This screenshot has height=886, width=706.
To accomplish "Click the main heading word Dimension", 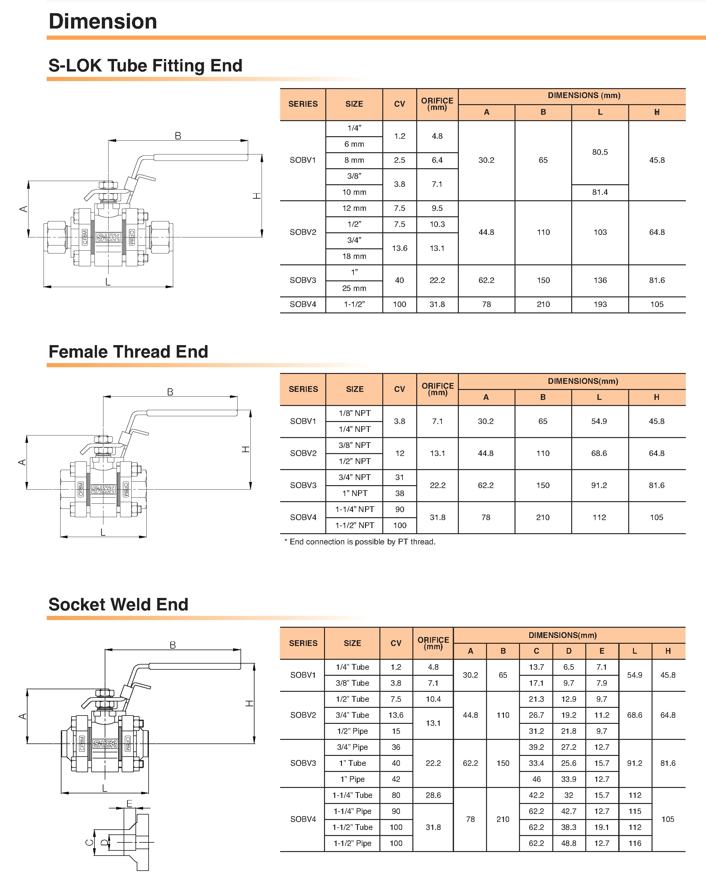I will point(103,21).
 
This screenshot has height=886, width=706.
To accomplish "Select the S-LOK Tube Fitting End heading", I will point(145,66).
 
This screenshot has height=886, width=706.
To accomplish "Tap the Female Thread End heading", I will point(128,352).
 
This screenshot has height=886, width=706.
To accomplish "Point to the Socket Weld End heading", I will point(118,605).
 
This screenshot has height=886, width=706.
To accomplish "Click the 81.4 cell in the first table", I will point(600,192).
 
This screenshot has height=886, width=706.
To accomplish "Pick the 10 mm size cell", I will point(354,192).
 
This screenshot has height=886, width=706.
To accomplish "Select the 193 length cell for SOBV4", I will point(600,304).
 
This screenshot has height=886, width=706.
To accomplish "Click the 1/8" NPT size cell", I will point(354,413).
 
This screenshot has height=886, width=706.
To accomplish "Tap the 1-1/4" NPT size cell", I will point(354,509).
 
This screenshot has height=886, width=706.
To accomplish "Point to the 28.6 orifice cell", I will point(433,795).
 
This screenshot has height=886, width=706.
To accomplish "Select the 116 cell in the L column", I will point(635,843).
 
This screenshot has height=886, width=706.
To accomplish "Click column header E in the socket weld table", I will point(602,651).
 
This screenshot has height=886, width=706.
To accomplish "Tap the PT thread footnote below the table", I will point(360,542).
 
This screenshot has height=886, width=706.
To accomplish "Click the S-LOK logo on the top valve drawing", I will point(108,237).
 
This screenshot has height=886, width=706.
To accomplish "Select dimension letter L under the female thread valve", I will point(103,533).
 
